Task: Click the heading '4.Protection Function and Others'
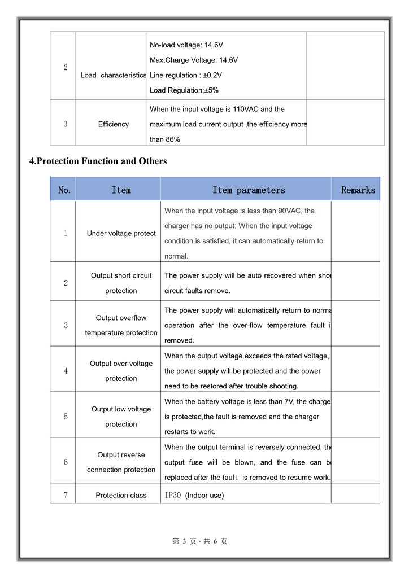(x=98, y=161)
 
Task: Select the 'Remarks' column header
(x=358, y=190)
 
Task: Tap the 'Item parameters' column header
(x=249, y=190)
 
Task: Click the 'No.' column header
(x=64, y=190)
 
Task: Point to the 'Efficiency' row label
(x=113, y=124)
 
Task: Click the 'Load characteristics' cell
(x=113, y=75)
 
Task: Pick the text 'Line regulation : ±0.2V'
(x=186, y=75)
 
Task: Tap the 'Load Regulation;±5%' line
(x=184, y=90)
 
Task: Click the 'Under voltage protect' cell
(x=121, y=234)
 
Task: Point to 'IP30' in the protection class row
(x=172, y=496)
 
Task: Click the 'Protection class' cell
(x=121, y=496)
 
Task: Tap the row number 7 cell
(x=66, y=496)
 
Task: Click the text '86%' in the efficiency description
(x=172, y=139)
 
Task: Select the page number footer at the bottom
(x=200, y=541)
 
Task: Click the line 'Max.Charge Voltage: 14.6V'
(x=194, y=60)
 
